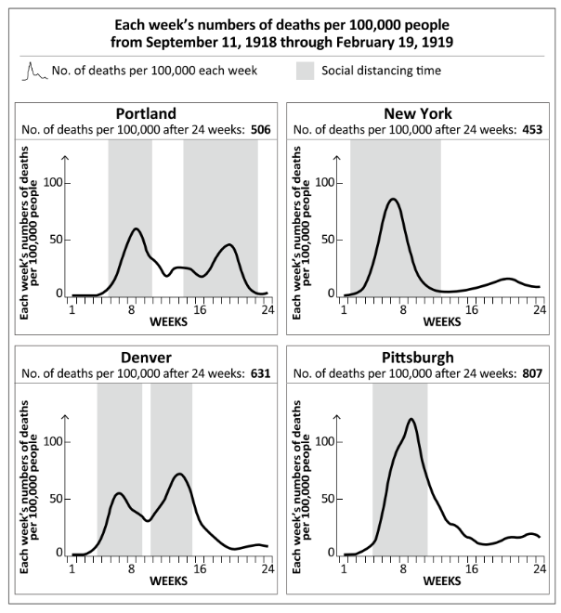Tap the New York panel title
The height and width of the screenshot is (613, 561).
414,113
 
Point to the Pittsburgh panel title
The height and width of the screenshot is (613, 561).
414,358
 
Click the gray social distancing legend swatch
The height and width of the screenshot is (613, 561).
306,70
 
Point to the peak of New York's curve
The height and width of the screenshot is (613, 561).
393,199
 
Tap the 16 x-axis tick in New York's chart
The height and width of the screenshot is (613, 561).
472,308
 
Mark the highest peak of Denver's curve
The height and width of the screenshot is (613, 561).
179,475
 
